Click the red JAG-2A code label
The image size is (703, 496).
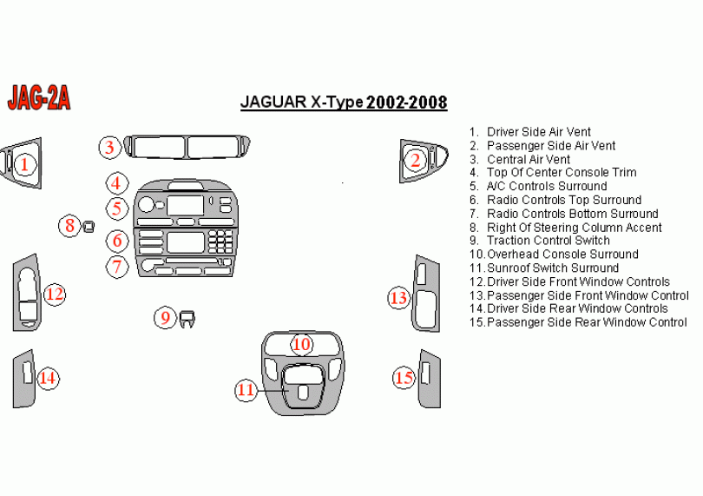pyautogui.click(x=39, y=97)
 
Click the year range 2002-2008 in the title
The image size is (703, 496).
pyautogui.click(x=407, y=103)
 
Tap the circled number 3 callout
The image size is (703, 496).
pyautogui.click(x=110, y=147)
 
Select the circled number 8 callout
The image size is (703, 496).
pyautogui.click(x=70, y=225)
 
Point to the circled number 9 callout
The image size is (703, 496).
pyautogui.click(x=166, y=317)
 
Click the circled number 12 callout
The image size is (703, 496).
pyautogui.click(x=55, y=294)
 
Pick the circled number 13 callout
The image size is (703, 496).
pyautogui.click(x=399, y=298)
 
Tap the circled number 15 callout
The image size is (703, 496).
pyautogui.click(x=404, y=378)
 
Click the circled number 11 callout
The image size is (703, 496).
pyautogui.click(x=246, y=390)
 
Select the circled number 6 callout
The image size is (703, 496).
pyautogui.click(x=117, y=241)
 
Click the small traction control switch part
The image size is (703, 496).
pyautogui.click(x=187, y=319)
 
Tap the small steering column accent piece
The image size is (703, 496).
pyautogui.click(x=89, y=226)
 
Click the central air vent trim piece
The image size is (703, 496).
pyautogui.click(x=187, y=147)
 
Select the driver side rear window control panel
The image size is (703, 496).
pyautogui.click(x=23, y=379)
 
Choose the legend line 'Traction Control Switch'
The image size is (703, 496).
pyautogui.click(x=540, y=241)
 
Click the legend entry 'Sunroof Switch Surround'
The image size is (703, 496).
pyautogui.click(x=544, y=268)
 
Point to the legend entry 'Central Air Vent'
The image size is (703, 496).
pyautogui.click(x=520, y=159)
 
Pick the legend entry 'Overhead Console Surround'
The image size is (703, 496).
pyautogui.click(x=554, y=254)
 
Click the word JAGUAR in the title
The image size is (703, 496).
pyautogui.click(x=273, y=103)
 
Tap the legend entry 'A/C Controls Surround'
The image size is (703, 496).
pyautogui.click(x=538, y=186)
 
